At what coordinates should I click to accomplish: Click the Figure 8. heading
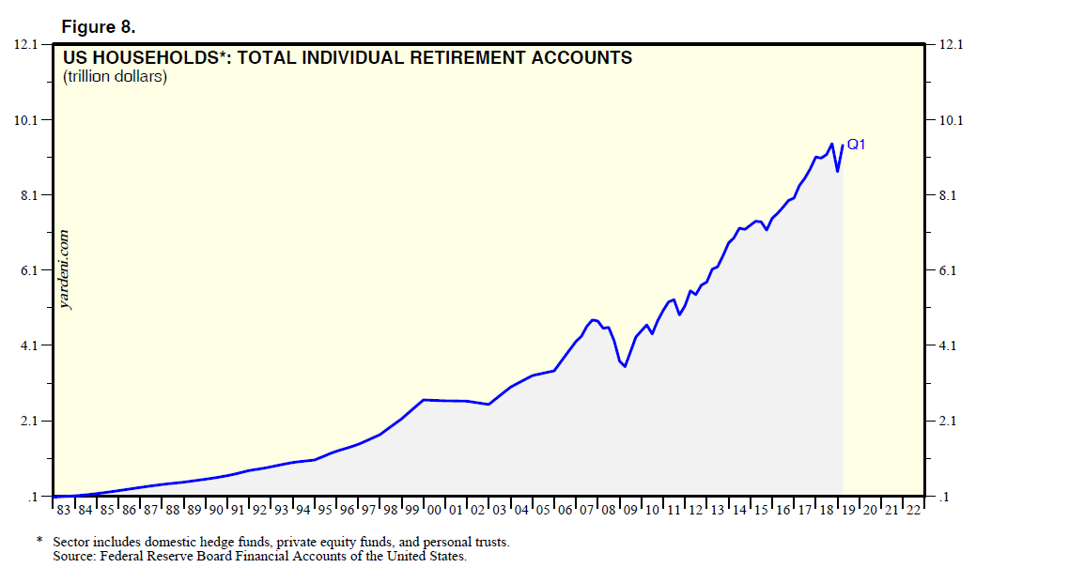tap(99, 24)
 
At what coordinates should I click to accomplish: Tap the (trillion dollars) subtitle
tap(115, 77)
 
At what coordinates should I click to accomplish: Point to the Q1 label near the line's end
tap(856, 145)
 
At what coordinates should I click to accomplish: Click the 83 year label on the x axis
tap(63, 509)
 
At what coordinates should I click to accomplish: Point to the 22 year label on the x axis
tap(912, 509)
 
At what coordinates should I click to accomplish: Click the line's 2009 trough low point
tap(625, 366)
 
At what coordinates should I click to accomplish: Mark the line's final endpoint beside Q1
tap(843, 146)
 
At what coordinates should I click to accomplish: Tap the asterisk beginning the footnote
tap(39, 542)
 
